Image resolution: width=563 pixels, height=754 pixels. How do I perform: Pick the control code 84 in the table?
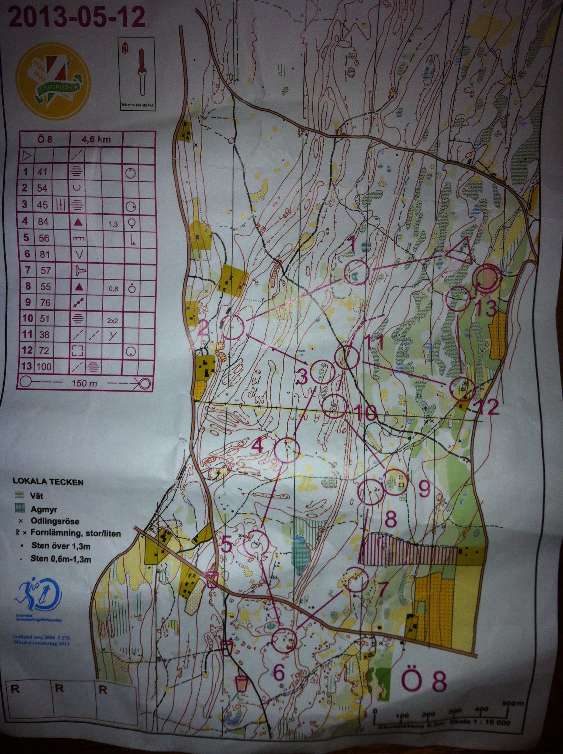pos(43,222)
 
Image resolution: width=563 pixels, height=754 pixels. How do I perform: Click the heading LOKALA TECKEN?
pos(48,482)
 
